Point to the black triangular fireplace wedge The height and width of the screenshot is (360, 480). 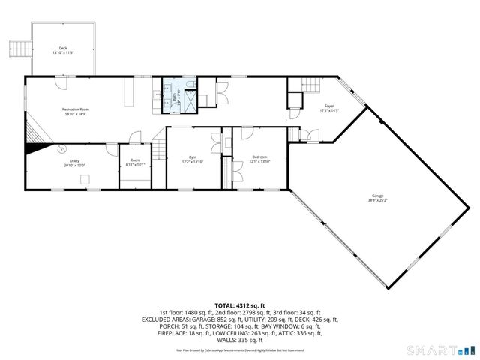[x=32, y=148]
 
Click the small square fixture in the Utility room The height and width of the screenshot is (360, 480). [x=85, y=178]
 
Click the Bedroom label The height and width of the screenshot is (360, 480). [x=259, y=158]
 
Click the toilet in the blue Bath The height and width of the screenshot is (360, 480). [x=167, y=94]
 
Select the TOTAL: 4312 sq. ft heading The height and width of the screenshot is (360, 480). [x=239, y=306]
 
